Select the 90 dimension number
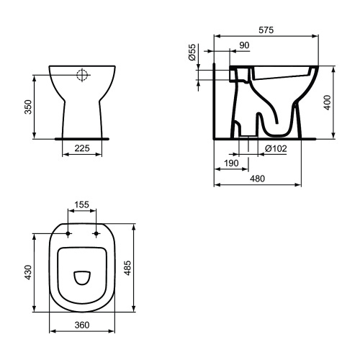(x=244, y=45)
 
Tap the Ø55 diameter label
(x=192, y=57)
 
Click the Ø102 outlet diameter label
(x=276, y=148)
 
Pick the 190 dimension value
(x=230, y=163)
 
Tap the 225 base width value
(x=81, y=150)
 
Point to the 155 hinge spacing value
(x=82, y=205)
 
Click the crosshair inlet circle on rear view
(x=82, y=74)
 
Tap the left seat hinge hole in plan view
(x=68, y=234)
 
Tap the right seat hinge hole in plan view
(x=96, y=234)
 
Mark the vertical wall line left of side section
(x=215, y=101)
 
